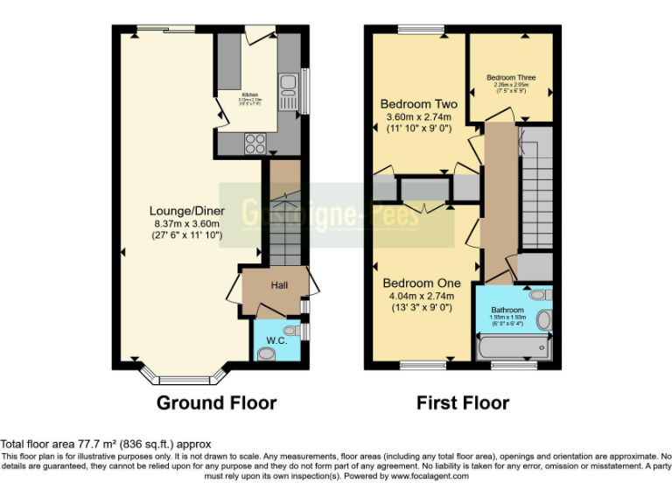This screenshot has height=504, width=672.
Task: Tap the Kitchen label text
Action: (x=250, y=93)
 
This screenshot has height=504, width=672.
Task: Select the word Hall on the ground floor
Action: (x=279, y=285)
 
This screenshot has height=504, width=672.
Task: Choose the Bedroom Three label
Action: (x=511, y=77)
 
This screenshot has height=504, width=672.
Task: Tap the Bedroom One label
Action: (x=420, y=283)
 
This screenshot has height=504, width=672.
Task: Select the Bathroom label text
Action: (x=507, y=311)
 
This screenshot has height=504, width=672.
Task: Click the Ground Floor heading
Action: (x=216, y=403)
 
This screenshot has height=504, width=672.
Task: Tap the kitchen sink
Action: (x=288, y=87)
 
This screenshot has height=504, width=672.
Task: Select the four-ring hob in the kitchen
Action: (x=255, y=142)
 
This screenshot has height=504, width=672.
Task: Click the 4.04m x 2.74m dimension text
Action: (x=420, y=297)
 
